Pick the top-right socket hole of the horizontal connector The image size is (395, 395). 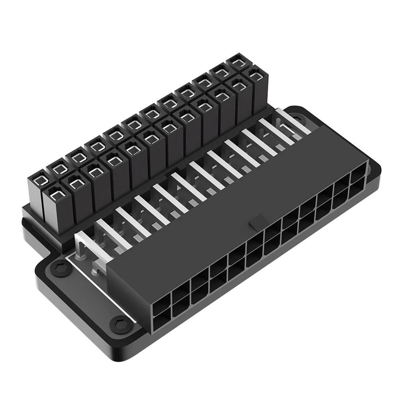point(357,176)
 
